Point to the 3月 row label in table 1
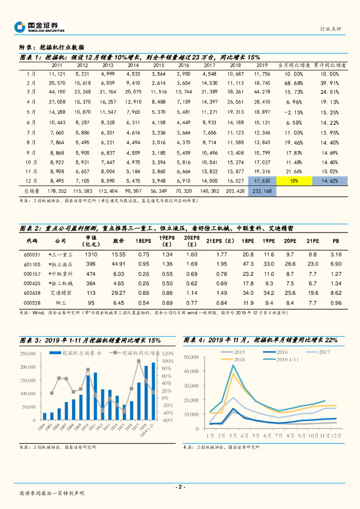tap(31, 91)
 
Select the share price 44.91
tap(118, 264)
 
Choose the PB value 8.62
tap(336, 293)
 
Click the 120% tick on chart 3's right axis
tap(167, 353)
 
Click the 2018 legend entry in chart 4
tap(239, 359)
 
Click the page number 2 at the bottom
tap(180, 487)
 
